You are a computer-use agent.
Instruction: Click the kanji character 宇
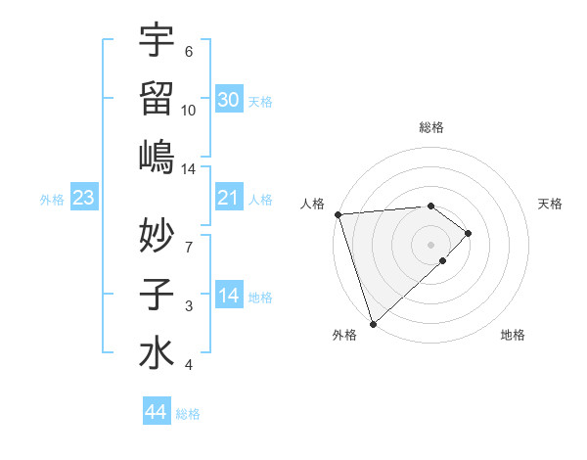pyautogui.click(x=157, y=41)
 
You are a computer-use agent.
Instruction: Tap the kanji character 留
pyautogui.click(x=157, y=99)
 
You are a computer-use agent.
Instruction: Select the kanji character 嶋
pyautogui.click(x=157, y=157)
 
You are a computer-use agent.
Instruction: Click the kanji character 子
pyautogui.click(x=157, y=294)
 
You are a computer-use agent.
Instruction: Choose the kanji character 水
pyautogui.click(x=157, y=352)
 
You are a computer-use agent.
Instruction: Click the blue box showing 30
pyautogui.click(x=229, y=100)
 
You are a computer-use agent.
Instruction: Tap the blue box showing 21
pyautogui.click(x=229, y=199)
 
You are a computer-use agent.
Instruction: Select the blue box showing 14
pyautogui.click(x=229, y=297)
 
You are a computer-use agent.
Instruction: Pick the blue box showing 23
pyautogui.click(x=84, y=199)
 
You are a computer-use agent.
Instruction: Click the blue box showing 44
pyautogui.click(x=157, y=412)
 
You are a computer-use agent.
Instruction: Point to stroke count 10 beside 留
pyautogui.click(x=189, y=110)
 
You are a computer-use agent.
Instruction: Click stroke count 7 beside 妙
pyautogui.click(x=189, y=247)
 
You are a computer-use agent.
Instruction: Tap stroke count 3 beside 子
pyautogui.click(x=189, y=306)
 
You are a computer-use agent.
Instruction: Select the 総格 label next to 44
pyautogui.click(x=188, y=414)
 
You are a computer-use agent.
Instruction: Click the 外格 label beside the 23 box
pyautogui.click(x=52, y=200)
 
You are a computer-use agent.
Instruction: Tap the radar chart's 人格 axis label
pyautogui.click(x=313, y=204)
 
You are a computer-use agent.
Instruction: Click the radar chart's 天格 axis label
pyautogui.click(x=551, y=204)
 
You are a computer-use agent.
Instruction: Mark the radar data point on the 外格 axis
pyautogui.click(x=372, y=323)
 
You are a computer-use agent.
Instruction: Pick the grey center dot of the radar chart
pyautogui.click(x=430, y=243)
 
